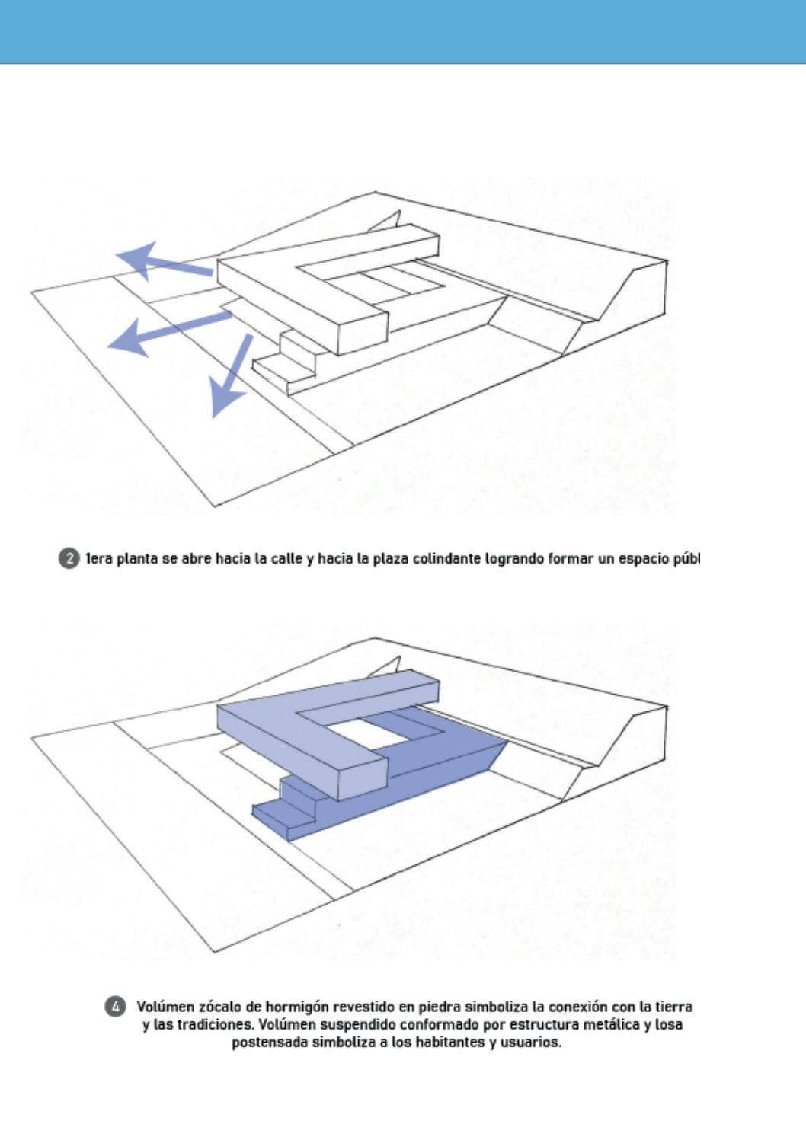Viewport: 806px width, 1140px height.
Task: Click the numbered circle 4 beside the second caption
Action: (114, 1006)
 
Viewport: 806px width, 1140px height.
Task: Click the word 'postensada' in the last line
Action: (270, 1043)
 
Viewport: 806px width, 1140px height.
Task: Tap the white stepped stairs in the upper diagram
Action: (286, 362)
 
